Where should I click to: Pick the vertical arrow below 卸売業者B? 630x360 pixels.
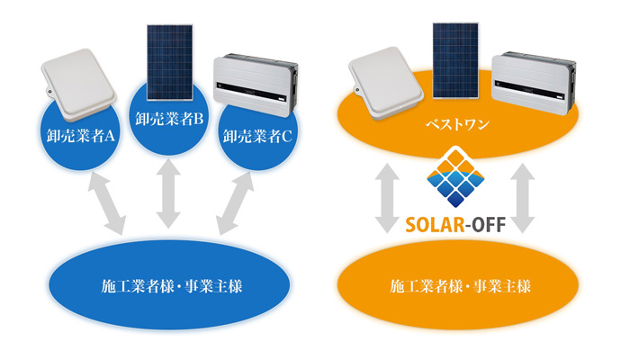click(167, 194)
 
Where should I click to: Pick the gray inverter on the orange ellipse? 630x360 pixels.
click(537, 79)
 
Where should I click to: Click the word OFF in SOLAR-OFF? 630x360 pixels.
click(491, 221)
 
